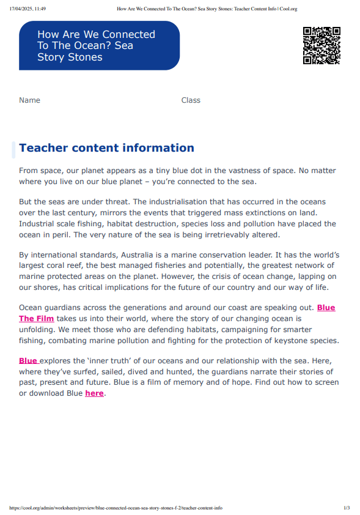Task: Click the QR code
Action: pos(321,45)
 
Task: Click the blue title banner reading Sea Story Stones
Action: pos(99,46)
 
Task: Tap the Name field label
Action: pos(29,100)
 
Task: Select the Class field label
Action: pos(191,100)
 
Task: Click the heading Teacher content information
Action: pos(106,148)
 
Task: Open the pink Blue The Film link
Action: pos(37,318)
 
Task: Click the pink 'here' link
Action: pos(94,393)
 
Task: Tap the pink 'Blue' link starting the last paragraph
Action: pos(28,361)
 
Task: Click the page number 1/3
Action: pos(347,508)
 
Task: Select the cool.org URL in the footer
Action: pos(116,508)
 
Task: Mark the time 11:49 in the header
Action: pos(40,9)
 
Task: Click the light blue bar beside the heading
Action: pos(13,149)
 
